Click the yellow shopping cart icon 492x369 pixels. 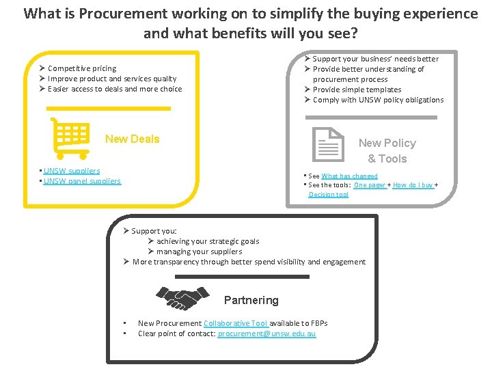click(x=70, y=137)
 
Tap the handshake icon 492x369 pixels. click(x=183, y=298)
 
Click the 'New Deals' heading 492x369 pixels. click(x=132, y=139)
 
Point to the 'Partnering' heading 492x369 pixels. click(x=251, y=300)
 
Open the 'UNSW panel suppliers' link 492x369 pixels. click(x=82, y=181)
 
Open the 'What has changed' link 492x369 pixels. click(x=349, y=176)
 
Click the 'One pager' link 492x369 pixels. click(x=370, y=185)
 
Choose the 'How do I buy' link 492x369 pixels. click(x=413, y=185)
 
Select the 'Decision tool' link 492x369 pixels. click(x=328, y=195)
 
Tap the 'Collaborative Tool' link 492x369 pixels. click(x=235, y=323)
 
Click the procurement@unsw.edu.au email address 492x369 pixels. click(x=266, y=333)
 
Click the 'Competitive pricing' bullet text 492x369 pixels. click(x=82, y=68)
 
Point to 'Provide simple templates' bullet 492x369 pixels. click(x=357, y=90)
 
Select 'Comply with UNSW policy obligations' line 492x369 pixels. click(x=378, y=100)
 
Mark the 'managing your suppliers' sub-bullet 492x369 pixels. click(x=199, y=251)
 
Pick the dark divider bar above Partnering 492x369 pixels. click(x=243, y=277)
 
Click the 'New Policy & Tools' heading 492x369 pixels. click(x=387, y=150)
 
